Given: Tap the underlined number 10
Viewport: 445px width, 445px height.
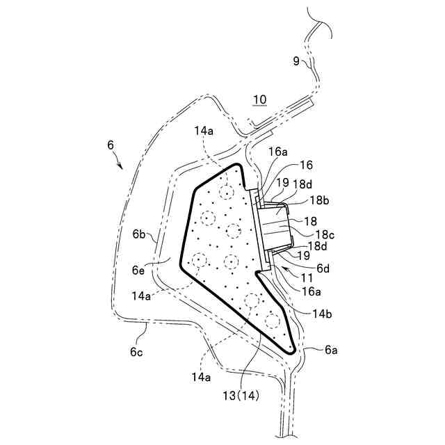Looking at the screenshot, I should coord(259,100).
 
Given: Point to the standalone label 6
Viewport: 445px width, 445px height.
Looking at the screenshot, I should coord(111,145).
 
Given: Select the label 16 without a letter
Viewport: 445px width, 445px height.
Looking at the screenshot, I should coord(305,165).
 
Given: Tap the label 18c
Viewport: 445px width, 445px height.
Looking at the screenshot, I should coord(323,235).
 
